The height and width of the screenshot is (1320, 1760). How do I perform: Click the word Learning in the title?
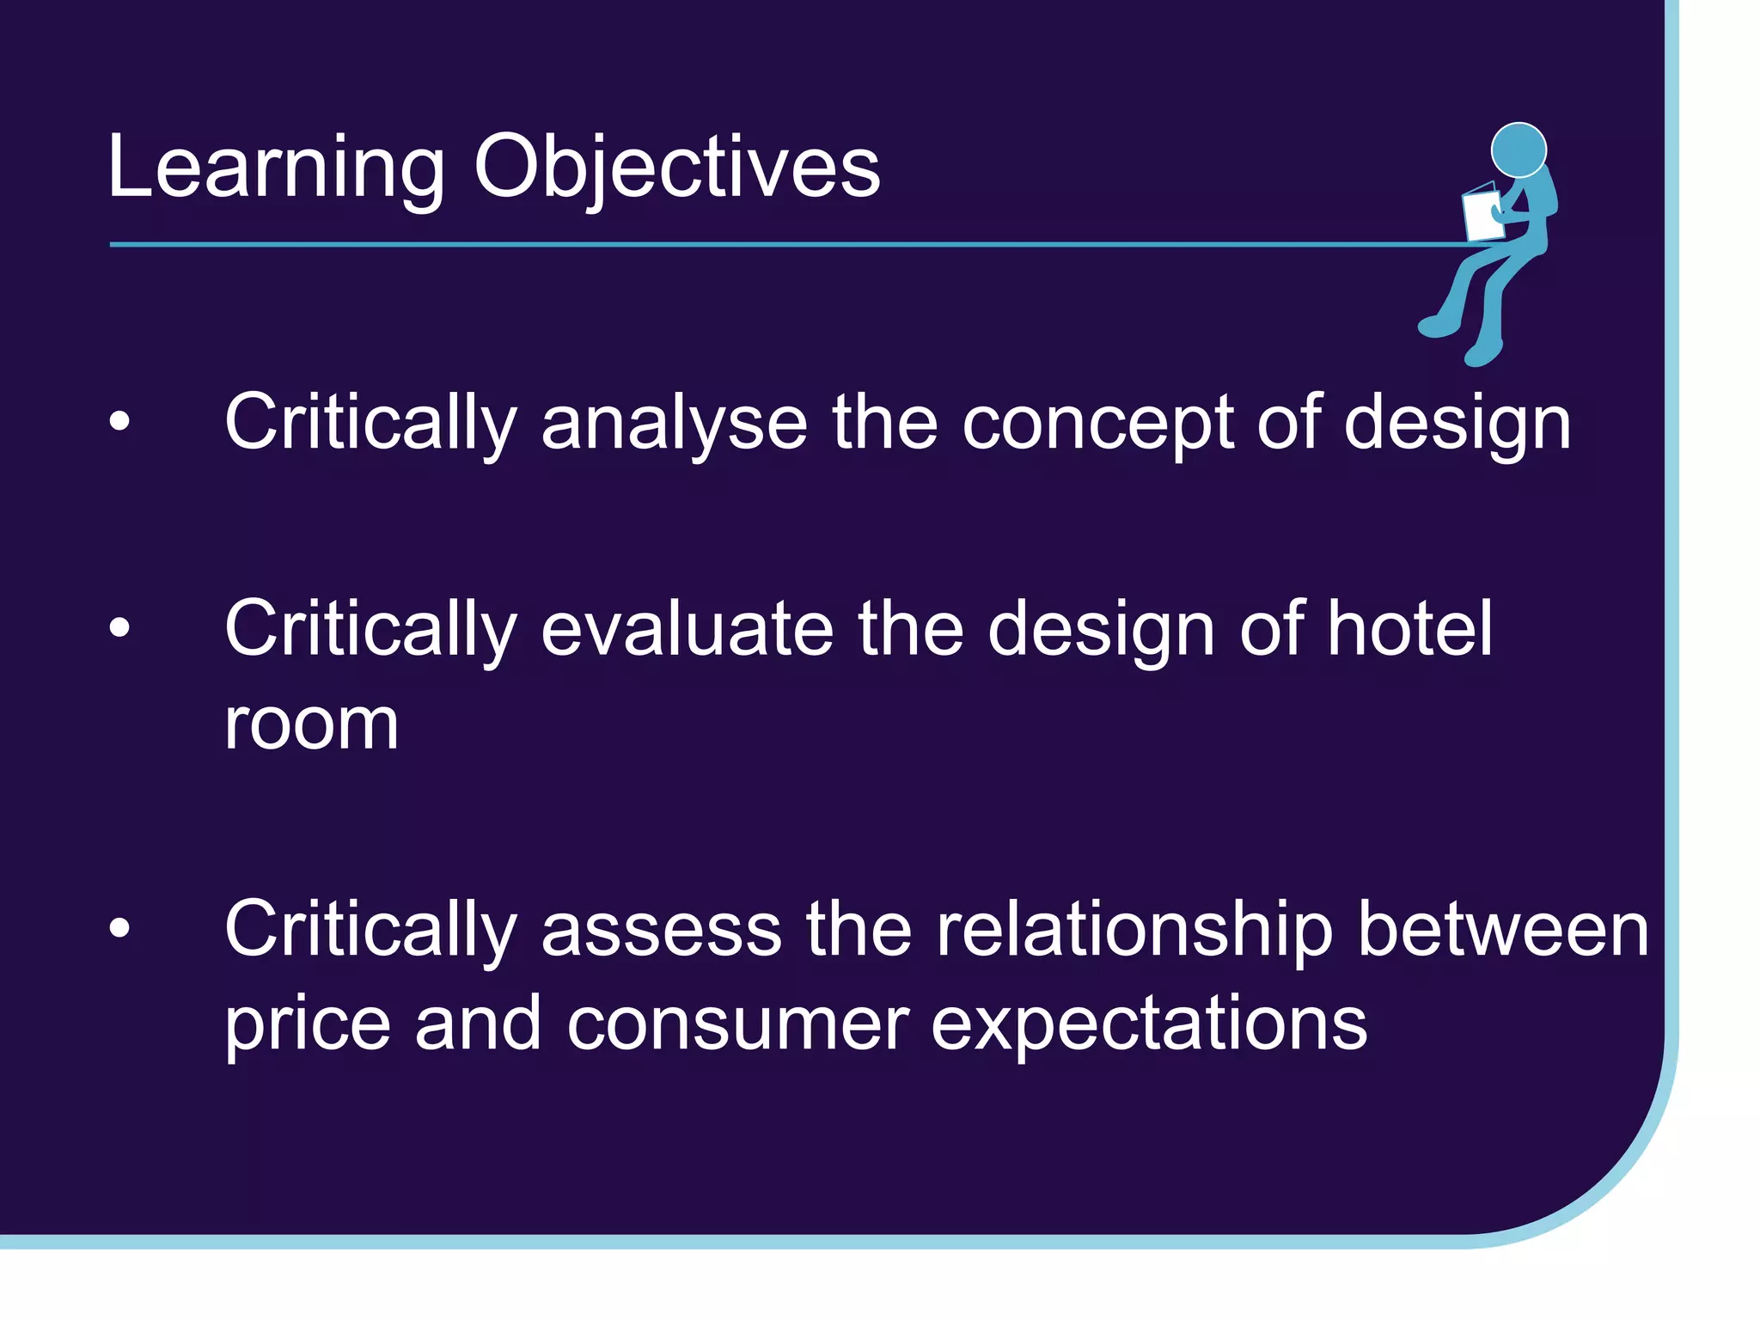click(x=275, y=168)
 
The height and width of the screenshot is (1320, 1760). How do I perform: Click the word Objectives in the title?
click(x=676, y=168)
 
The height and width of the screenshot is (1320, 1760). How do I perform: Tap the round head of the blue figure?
click(x=1519, y=150)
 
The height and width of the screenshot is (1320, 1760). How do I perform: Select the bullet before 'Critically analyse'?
click(x=119, y=421)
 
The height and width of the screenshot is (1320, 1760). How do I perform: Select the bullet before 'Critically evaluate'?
click(x=119, y=627)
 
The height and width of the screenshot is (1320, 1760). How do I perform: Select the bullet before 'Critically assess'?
click(x=119, y=928)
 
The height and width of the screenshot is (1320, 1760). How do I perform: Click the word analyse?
click(x=674, y=423)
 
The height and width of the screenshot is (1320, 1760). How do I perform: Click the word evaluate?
click(x=687, y=629)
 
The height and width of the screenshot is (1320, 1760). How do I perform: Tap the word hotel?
click(x=1409, y=629)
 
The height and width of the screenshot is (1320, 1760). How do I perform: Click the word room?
click(x=311, y=724)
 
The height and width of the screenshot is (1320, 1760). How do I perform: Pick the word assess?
click(x=661, y=930)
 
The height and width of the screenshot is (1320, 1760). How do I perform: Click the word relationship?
click(x=1134, y=930)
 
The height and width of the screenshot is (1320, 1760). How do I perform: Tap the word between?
click(x=1503, y=930)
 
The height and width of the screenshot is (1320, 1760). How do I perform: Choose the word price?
click(x=307, y=1024)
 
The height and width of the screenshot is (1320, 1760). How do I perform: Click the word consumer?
click(x=737, y=1024)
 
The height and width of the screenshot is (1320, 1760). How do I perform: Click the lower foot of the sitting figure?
click(x=1482, y=352)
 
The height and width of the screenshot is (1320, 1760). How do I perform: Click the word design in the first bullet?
click(x=1457, y=423)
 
